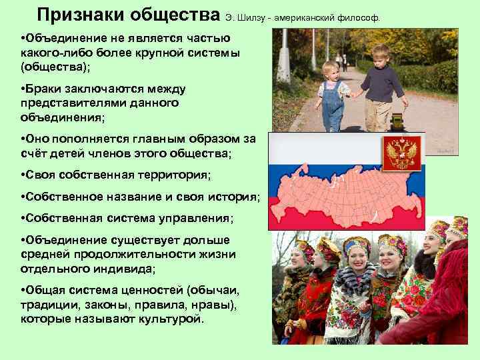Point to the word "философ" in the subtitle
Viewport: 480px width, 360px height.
(361, 17)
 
